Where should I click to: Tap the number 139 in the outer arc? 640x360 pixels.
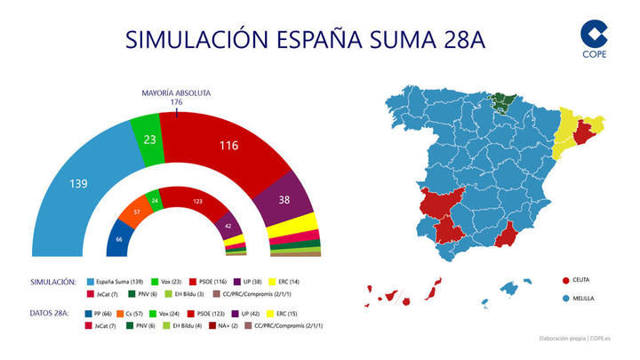tap(78, 184)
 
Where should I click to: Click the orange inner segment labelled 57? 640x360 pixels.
tap(138, 213)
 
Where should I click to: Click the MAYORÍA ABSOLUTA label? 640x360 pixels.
tap(176, 92)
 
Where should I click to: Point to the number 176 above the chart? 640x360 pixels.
tap(176, 102)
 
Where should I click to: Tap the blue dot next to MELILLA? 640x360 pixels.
tap(564, 298)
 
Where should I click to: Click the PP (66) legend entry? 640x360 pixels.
tap(97, 314)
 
